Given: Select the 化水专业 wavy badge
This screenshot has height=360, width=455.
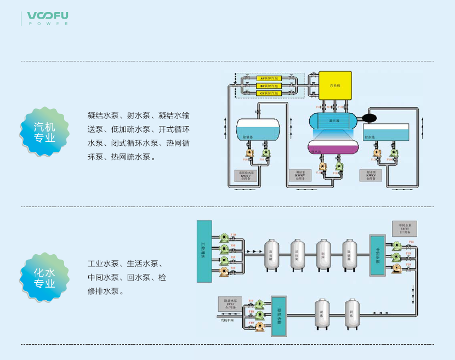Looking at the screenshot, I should (45, 278).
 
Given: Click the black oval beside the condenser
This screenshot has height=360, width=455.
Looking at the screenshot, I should (371, 117).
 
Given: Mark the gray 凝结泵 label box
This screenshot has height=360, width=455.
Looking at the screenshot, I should (299, 175).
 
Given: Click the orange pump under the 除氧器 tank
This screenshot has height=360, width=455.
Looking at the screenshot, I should (249, 153).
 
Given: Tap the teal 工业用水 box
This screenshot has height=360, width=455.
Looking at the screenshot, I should (204, 251).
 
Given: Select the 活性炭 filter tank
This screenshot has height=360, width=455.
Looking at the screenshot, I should (298, 254).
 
